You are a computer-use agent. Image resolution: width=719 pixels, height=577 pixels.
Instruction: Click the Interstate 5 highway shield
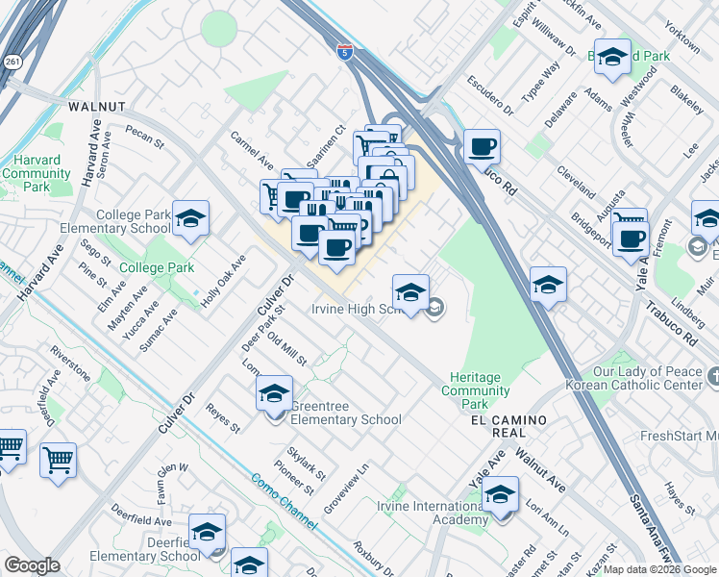pyautogui.click(x=344, y=51)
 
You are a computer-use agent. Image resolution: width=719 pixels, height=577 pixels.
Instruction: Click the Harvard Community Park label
pyautogui.click(x=37, y=174)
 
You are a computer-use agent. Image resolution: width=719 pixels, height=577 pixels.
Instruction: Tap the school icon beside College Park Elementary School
pyautogui.click(x=191, y=220)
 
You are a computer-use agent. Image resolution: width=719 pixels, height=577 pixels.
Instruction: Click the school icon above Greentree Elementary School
pyautogui.click(x=274, y=393)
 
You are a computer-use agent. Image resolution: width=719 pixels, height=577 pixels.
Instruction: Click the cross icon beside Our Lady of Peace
pyautogui.click(x=712, y=373)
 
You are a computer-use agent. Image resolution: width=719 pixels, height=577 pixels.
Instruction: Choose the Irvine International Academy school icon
pyautogui.click(x=500, y=496)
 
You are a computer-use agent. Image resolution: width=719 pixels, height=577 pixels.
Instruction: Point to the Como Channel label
pyautogui.click(x=283, y=500)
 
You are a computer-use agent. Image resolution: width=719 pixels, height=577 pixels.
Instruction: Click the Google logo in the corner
pyautogui.click(x=32, y=565)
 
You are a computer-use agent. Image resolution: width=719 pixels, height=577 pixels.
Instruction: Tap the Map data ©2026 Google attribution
pyautogui.click(x=659, y=569)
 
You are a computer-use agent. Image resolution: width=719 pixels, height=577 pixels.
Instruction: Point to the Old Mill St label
pyautogui.click(x=286, y=349)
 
